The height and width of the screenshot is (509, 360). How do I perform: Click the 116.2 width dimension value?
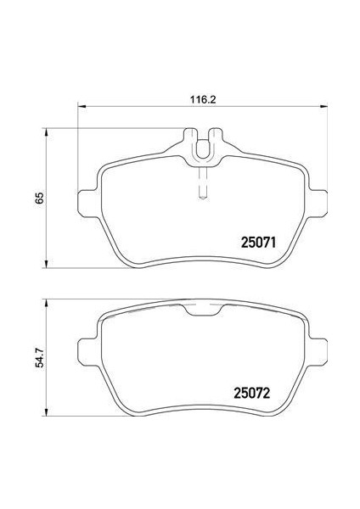(x=203, y=99)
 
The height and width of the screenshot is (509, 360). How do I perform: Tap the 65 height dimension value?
(x=39, y=198)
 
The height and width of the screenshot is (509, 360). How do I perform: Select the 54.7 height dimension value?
(x=39, y=357)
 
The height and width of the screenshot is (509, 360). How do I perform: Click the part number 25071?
(x=258, y=243)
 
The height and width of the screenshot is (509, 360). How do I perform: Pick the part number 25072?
(x=252, y=394)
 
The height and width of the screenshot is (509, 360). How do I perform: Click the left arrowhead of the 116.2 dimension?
(x=82, y=106)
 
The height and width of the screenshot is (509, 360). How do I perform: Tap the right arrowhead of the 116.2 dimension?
(x=323, y=106)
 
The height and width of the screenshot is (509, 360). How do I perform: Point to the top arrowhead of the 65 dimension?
(x=46, y=132)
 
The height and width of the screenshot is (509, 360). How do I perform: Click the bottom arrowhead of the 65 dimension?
(x=46, y=264)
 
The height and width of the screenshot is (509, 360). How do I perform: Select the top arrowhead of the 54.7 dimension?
(x=46, y=303)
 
